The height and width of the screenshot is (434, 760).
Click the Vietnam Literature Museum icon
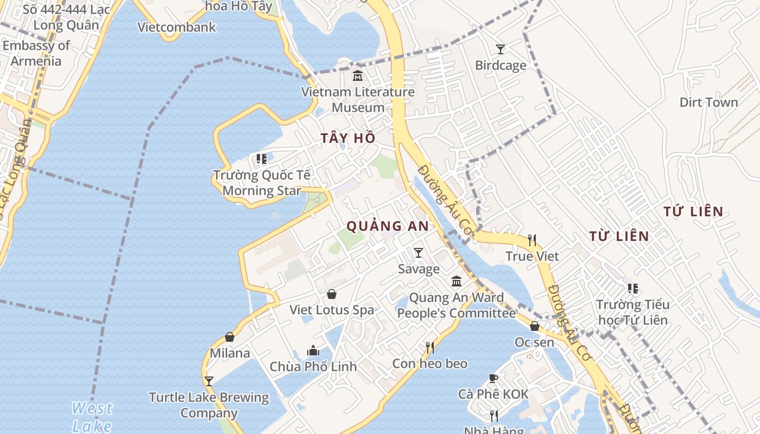click(x=357, y=75)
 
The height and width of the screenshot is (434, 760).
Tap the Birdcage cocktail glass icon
click(x=501, y=49)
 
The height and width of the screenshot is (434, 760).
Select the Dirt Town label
click(x=708, y=102)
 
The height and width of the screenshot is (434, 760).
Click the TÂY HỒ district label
click(x=348, y=138)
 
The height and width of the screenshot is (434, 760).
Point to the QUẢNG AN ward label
click(x=388, y=226)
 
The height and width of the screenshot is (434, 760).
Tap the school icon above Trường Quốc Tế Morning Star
click(x=262, y=159)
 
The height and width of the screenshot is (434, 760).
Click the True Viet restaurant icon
click(x=532, y=239)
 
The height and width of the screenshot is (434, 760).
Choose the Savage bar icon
click(x=419, y=252)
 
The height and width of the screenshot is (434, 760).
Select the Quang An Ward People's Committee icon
click(x=457, y=281)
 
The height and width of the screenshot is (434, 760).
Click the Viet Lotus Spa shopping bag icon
click(x=331, y=293)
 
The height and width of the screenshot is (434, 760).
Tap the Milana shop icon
click(x=230, y=337)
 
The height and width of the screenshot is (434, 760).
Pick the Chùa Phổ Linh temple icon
click(x=313, y=350)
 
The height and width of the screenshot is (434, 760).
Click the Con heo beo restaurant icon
click(x=429, y=347)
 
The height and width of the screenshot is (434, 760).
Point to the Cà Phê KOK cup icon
click(x=493, y=378)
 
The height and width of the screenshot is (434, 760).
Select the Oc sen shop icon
click(x=535, y=326)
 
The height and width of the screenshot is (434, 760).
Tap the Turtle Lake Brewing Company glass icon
click(x=208, y=381)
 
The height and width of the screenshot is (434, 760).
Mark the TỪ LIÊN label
click(x=619, y=236)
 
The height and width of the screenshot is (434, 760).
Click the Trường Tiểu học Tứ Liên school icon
click(x=632, y=288)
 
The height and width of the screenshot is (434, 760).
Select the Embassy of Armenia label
click(x=36, y=53)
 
